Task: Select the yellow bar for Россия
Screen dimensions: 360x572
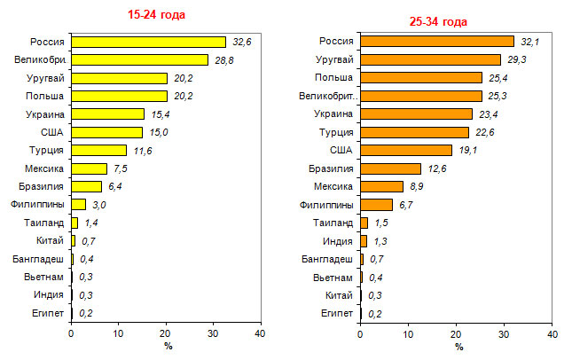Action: (148, 42)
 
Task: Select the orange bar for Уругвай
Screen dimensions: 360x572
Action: (430, 59)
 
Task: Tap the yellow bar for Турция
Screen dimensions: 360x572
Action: (98, 150)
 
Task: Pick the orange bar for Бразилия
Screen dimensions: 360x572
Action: (390, 168)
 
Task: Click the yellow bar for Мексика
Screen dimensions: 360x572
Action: (89, 168)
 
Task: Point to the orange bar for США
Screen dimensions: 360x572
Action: (406, 150)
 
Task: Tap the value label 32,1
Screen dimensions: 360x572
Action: (529, 42)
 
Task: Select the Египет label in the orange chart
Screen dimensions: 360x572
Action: (339, 313)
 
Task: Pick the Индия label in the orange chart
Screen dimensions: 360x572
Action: (339, 240)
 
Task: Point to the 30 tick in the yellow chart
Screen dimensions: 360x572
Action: (212, 334)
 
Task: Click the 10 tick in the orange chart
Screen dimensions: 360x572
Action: (408, 334)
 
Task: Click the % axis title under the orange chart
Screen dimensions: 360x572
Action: (458, 347)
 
